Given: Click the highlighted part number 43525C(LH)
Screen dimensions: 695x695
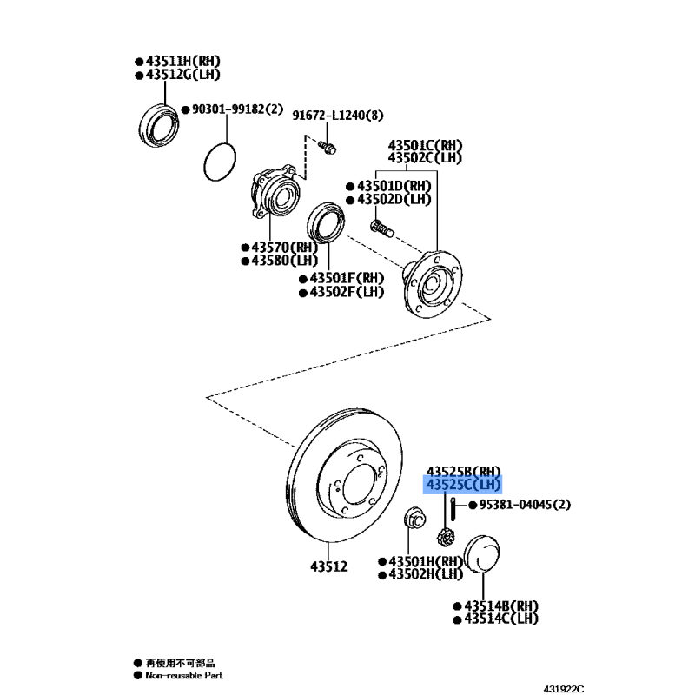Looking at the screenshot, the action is pos(463,485).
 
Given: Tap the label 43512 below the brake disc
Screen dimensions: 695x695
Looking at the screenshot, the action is pos(329,566).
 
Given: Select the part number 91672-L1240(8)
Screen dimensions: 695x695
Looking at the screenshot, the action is pos(338,116).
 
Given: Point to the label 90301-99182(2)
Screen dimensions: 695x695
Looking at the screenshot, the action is pos(237,109).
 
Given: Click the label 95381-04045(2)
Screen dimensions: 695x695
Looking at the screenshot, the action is pos(525,505).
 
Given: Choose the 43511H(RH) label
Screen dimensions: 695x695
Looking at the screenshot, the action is pos(183,61).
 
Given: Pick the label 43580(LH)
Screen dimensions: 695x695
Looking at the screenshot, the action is pos(285,260).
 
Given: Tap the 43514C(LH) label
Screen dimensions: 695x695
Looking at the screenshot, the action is pos(501,619).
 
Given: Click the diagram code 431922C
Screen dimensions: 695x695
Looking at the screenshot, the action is pos(564,689).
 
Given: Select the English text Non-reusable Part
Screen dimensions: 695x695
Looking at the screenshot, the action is pos(184,676).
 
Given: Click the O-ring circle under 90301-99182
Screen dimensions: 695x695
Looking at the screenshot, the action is pos(220,162).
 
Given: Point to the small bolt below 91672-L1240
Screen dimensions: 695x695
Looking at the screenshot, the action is pos(328,147).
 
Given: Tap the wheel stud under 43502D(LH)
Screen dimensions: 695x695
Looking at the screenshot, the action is pos(381,228).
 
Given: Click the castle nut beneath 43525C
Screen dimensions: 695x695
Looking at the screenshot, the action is pos(446,538).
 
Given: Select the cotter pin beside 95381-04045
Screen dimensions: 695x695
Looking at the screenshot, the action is pos(453,509).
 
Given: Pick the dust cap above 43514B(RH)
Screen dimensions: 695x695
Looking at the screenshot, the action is pos(482,553).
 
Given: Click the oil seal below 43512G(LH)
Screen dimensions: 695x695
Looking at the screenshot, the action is pos(159,125).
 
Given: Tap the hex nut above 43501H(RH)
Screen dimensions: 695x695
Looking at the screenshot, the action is pos(415,519).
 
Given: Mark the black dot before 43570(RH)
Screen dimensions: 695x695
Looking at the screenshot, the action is pos(245,248).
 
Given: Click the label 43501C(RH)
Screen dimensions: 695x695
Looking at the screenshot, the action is pos(425,145).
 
